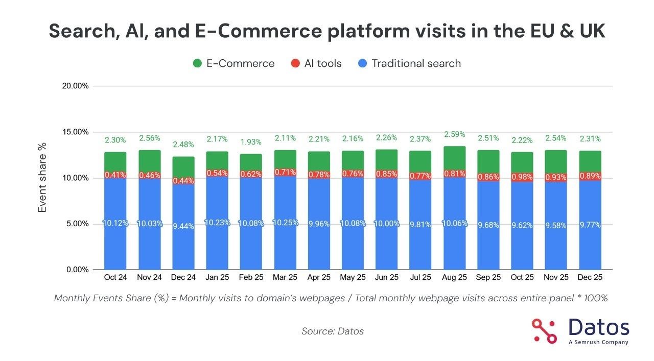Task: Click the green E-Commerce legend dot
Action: (197, 64)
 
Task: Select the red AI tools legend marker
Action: (295, 64)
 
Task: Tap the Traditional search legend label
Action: (416, 64)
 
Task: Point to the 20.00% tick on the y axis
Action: (75, 86)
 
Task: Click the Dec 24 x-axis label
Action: (182, 278)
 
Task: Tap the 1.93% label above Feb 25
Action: (250, 142)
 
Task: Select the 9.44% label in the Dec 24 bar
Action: (182, 226)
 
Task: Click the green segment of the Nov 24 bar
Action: (149, 161)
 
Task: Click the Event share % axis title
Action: (42, 178)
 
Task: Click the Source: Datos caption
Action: (332, 331)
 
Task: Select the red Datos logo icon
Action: (544, 330)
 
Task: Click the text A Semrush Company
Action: (598, 342)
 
